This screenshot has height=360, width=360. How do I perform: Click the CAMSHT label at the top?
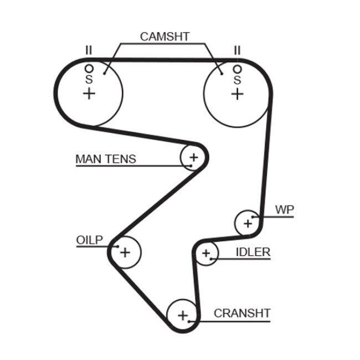click(164, 37)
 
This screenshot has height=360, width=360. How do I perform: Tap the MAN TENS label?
click(105, 159)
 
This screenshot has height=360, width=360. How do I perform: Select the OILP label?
click(89, 240)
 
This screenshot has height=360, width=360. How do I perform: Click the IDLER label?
click(253, 253)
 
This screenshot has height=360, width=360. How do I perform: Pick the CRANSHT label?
click(242, 313)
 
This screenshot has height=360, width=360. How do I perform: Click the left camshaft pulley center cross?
click(89, 93)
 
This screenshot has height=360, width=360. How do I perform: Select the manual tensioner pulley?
click(193, 158)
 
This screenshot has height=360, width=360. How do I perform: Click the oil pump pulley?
click(126, 253)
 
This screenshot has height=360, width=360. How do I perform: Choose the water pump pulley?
click(248, 223)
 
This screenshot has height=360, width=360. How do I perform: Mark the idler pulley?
click(207, 254)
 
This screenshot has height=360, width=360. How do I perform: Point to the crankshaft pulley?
click(183, 316)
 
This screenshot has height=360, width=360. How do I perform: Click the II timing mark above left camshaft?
click(88, 50)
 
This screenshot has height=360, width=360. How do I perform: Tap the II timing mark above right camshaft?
click(237, 50)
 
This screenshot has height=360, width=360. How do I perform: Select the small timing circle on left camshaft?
click(89, 69)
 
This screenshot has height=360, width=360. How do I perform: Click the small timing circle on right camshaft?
click(237, 69)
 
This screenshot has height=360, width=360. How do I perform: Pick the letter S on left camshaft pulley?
click(89, 80)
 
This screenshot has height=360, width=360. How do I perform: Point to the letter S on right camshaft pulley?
click(237, 80)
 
